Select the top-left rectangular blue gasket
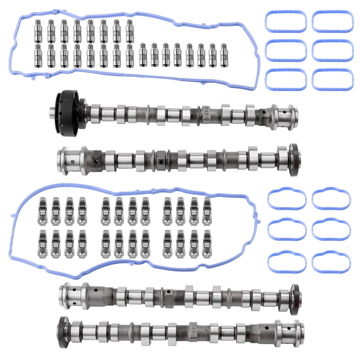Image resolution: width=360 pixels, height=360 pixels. tap(286, 22)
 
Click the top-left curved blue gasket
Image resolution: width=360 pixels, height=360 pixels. tap(287, 199)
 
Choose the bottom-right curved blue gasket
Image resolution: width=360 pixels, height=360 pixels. tap(331, 261)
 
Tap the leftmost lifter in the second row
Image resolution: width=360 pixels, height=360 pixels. tap(38, 55)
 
